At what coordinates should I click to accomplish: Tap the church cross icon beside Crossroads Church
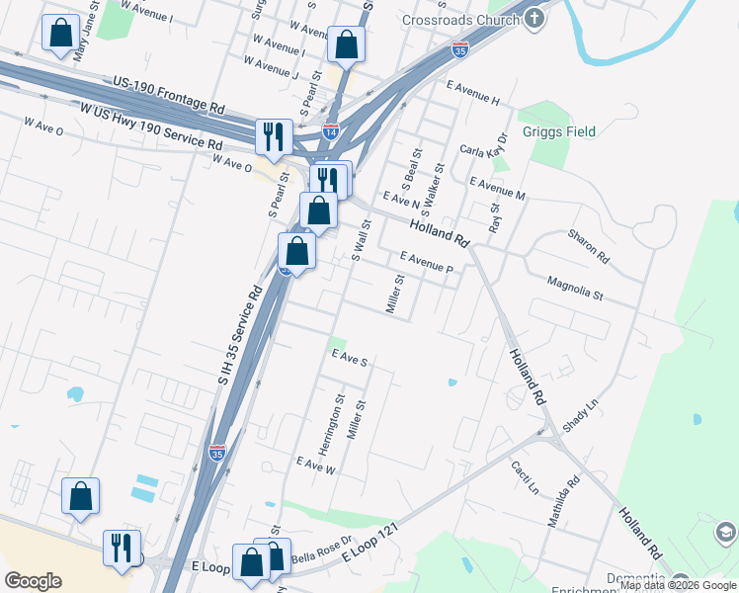(x=534, y=19)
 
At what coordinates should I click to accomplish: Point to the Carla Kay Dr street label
(x=484, y=146)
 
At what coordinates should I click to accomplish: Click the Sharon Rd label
(x=589, y=247)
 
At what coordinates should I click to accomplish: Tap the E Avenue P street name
(x=426, y=262)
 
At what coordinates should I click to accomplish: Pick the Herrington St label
(x=338, y=419)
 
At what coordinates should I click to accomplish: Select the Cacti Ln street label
(x=526, y=476)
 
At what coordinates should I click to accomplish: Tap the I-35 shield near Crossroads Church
(x=460, y=47)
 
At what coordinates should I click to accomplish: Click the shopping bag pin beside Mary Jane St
(x=61, y=35)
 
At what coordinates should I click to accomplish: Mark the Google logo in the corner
(x=33, y=581)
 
